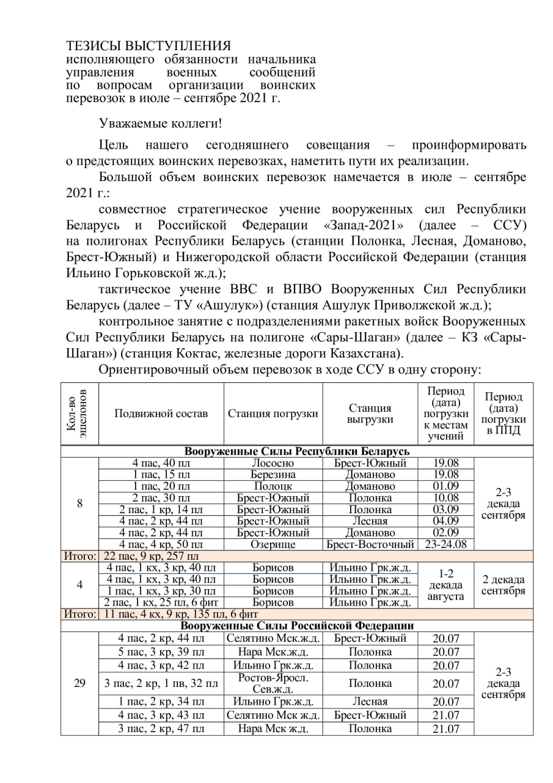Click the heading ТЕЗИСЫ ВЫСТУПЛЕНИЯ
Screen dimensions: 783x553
click(148, 46)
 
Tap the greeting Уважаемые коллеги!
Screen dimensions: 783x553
click(161, 123)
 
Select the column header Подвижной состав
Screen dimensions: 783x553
click(161, 414)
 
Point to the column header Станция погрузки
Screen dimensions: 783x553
click(273, 414)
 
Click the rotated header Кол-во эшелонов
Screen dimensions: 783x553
click(79, 414)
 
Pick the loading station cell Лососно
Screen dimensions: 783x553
click(273, 463)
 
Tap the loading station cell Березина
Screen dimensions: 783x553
click(273, 475)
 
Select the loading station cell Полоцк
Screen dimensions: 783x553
click(273, 486)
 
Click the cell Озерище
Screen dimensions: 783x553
click(273, 544)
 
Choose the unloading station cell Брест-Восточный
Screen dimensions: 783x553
click(370, 544)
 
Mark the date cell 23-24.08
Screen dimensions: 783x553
click(445, 544)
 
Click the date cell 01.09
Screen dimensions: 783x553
click(445, 486)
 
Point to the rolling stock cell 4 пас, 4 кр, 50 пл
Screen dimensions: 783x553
click(161, 544)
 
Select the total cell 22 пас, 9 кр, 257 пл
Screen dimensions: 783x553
click(152, 555)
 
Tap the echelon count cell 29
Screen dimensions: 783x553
click(79, 683)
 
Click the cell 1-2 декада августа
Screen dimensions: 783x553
click(445, 584)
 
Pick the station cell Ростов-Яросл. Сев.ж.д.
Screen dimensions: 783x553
click(273, 683)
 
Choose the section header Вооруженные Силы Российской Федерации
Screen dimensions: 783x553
click(297, 625)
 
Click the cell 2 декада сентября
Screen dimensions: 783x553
click(504, 585)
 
